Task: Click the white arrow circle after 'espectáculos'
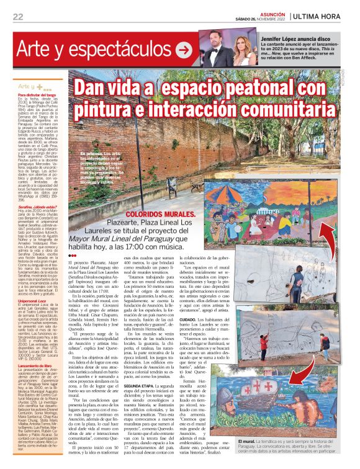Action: pyautogui.click(x=183, y=47)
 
